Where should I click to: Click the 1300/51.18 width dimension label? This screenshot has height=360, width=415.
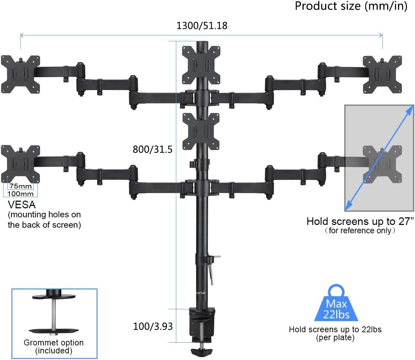[x=202, y=26]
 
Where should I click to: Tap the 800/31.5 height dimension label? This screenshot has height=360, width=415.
[x=152, y=149]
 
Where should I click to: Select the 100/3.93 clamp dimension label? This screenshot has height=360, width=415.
[x=153, y=326]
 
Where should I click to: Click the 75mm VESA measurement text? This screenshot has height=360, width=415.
[x=20, y=186]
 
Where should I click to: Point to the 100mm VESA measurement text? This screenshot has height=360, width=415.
[x=20, y=194]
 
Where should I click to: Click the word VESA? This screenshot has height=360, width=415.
[x=22, y=204]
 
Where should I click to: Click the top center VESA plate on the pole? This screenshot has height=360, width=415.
[x=202, y=65]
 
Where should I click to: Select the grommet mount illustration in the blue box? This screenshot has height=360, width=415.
[x=54, y=314]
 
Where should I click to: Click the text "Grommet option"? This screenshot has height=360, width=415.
[x=53, y=343]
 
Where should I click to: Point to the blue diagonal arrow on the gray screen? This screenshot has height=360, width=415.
[x=379, y=158]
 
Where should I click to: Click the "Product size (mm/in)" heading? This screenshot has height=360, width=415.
[x=351, y=6]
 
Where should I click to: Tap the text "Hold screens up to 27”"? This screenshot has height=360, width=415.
[x=360, y=221]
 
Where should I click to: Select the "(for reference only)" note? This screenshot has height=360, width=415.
[x=360, y=231]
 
